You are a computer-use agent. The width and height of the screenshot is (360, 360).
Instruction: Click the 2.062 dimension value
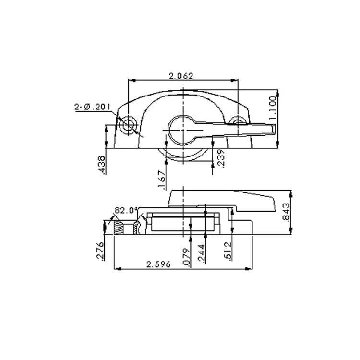pos(182,75)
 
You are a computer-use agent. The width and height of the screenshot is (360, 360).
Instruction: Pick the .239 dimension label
pos(220,158)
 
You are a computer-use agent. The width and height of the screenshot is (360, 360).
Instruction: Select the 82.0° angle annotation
pos(126,210)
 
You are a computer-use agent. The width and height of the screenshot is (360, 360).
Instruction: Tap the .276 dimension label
pos(100,251)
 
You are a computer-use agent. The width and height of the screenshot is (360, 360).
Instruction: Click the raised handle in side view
pos(221,199)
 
